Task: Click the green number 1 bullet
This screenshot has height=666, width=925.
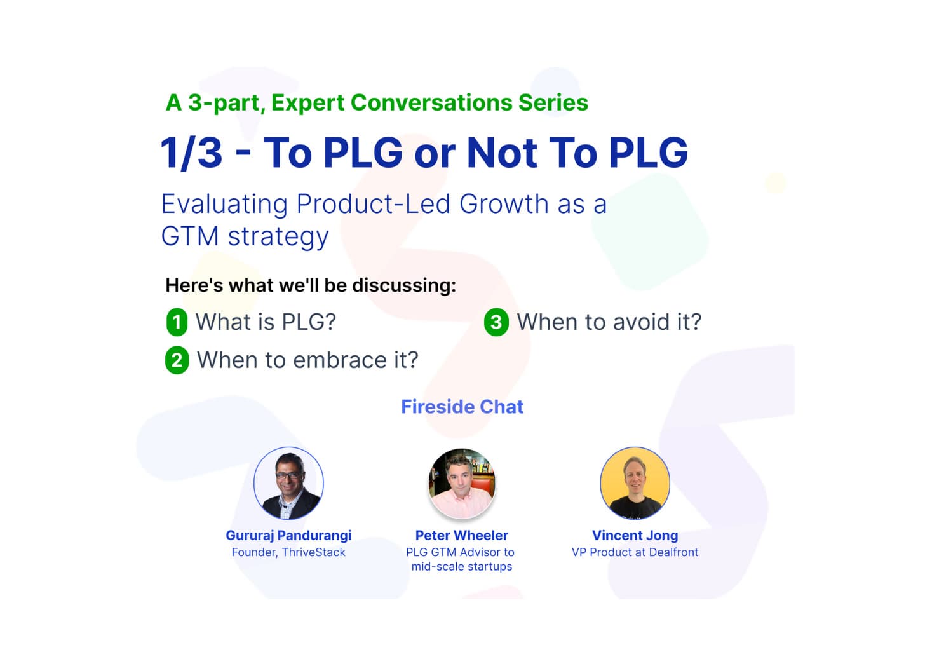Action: pos(177,322)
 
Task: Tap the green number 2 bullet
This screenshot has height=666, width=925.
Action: pos(177,360)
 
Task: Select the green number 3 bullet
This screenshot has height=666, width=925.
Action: pos(496,322)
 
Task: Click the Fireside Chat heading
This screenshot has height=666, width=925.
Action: pos(462,407)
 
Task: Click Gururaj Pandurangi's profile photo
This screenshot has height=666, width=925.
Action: pos(288,483)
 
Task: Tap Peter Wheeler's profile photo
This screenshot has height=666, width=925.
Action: pos(462,483)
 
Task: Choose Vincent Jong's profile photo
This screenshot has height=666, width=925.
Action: pos(635,483)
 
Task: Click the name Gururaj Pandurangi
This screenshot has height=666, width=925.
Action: pos(288,536)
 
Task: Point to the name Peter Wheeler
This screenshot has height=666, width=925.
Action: pos(462,536)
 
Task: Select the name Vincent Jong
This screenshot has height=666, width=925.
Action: pos(635,536)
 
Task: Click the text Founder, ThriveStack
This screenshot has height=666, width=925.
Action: pos(288,552)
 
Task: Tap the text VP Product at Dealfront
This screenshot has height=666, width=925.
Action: pos(635,552)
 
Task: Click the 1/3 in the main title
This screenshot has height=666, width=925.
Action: pos(191,153)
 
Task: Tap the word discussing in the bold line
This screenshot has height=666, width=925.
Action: pos(403,285)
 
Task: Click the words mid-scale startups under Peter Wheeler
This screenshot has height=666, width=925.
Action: pos(462,566)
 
